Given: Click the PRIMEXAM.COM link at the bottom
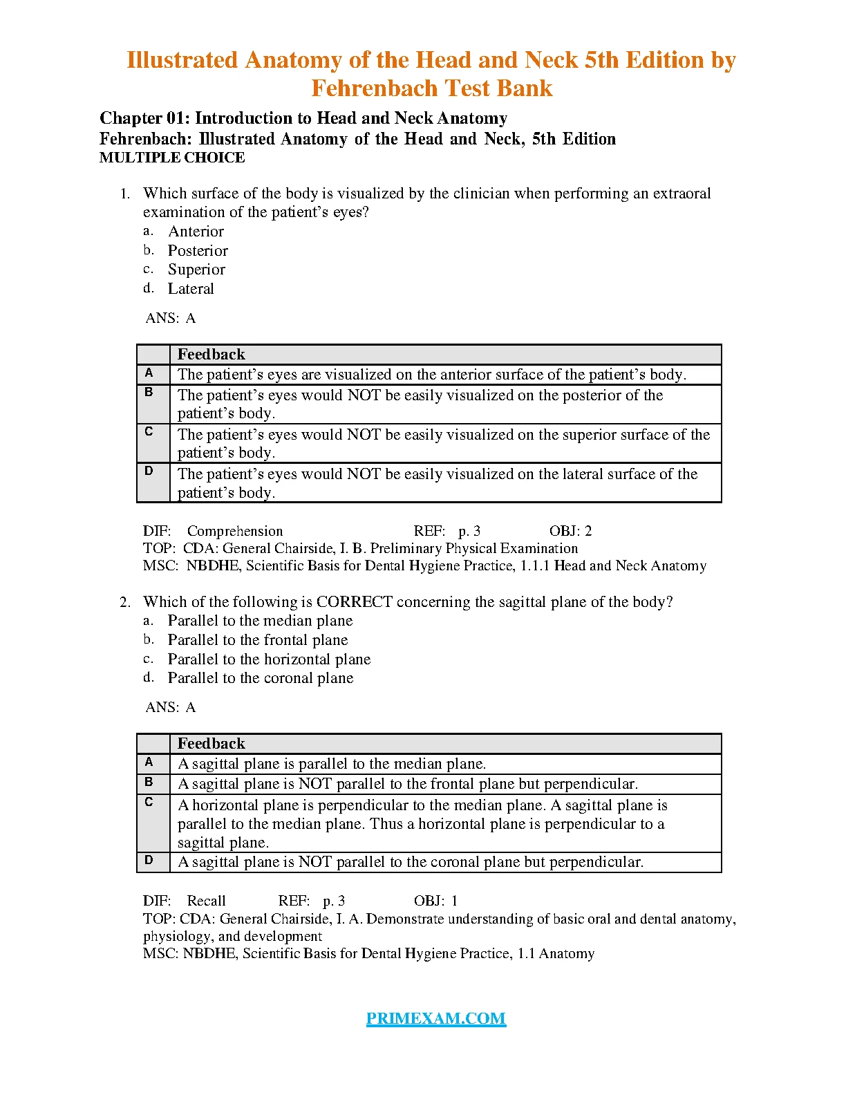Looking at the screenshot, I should pos(435,1018).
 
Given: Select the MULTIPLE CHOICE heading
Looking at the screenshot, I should pos(172,158).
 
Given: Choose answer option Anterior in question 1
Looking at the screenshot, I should pos(196,232).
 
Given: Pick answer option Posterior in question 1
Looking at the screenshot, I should pos(198,251).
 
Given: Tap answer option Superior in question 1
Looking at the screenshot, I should pos(196,270).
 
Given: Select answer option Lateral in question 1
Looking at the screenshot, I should pos(191,289).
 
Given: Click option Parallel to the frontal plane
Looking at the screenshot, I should pos(258,640).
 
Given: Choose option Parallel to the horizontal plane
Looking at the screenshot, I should pos(269,659).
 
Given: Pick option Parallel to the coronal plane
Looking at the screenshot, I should pos(261,678).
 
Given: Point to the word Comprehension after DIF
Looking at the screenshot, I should pos(235,531).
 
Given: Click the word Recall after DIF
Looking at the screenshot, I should pos(206,901).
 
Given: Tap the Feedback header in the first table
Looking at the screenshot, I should pos(211,355).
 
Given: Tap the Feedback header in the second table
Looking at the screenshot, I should pos(211,744).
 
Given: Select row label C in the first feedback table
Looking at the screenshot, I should pos(149,432).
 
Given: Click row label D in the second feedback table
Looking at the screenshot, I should pos(149,861).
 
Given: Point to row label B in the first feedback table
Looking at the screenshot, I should pos(149,393).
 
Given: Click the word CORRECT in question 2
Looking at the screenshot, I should pos(355,602).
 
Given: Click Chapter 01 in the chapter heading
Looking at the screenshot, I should pos(142,118).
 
